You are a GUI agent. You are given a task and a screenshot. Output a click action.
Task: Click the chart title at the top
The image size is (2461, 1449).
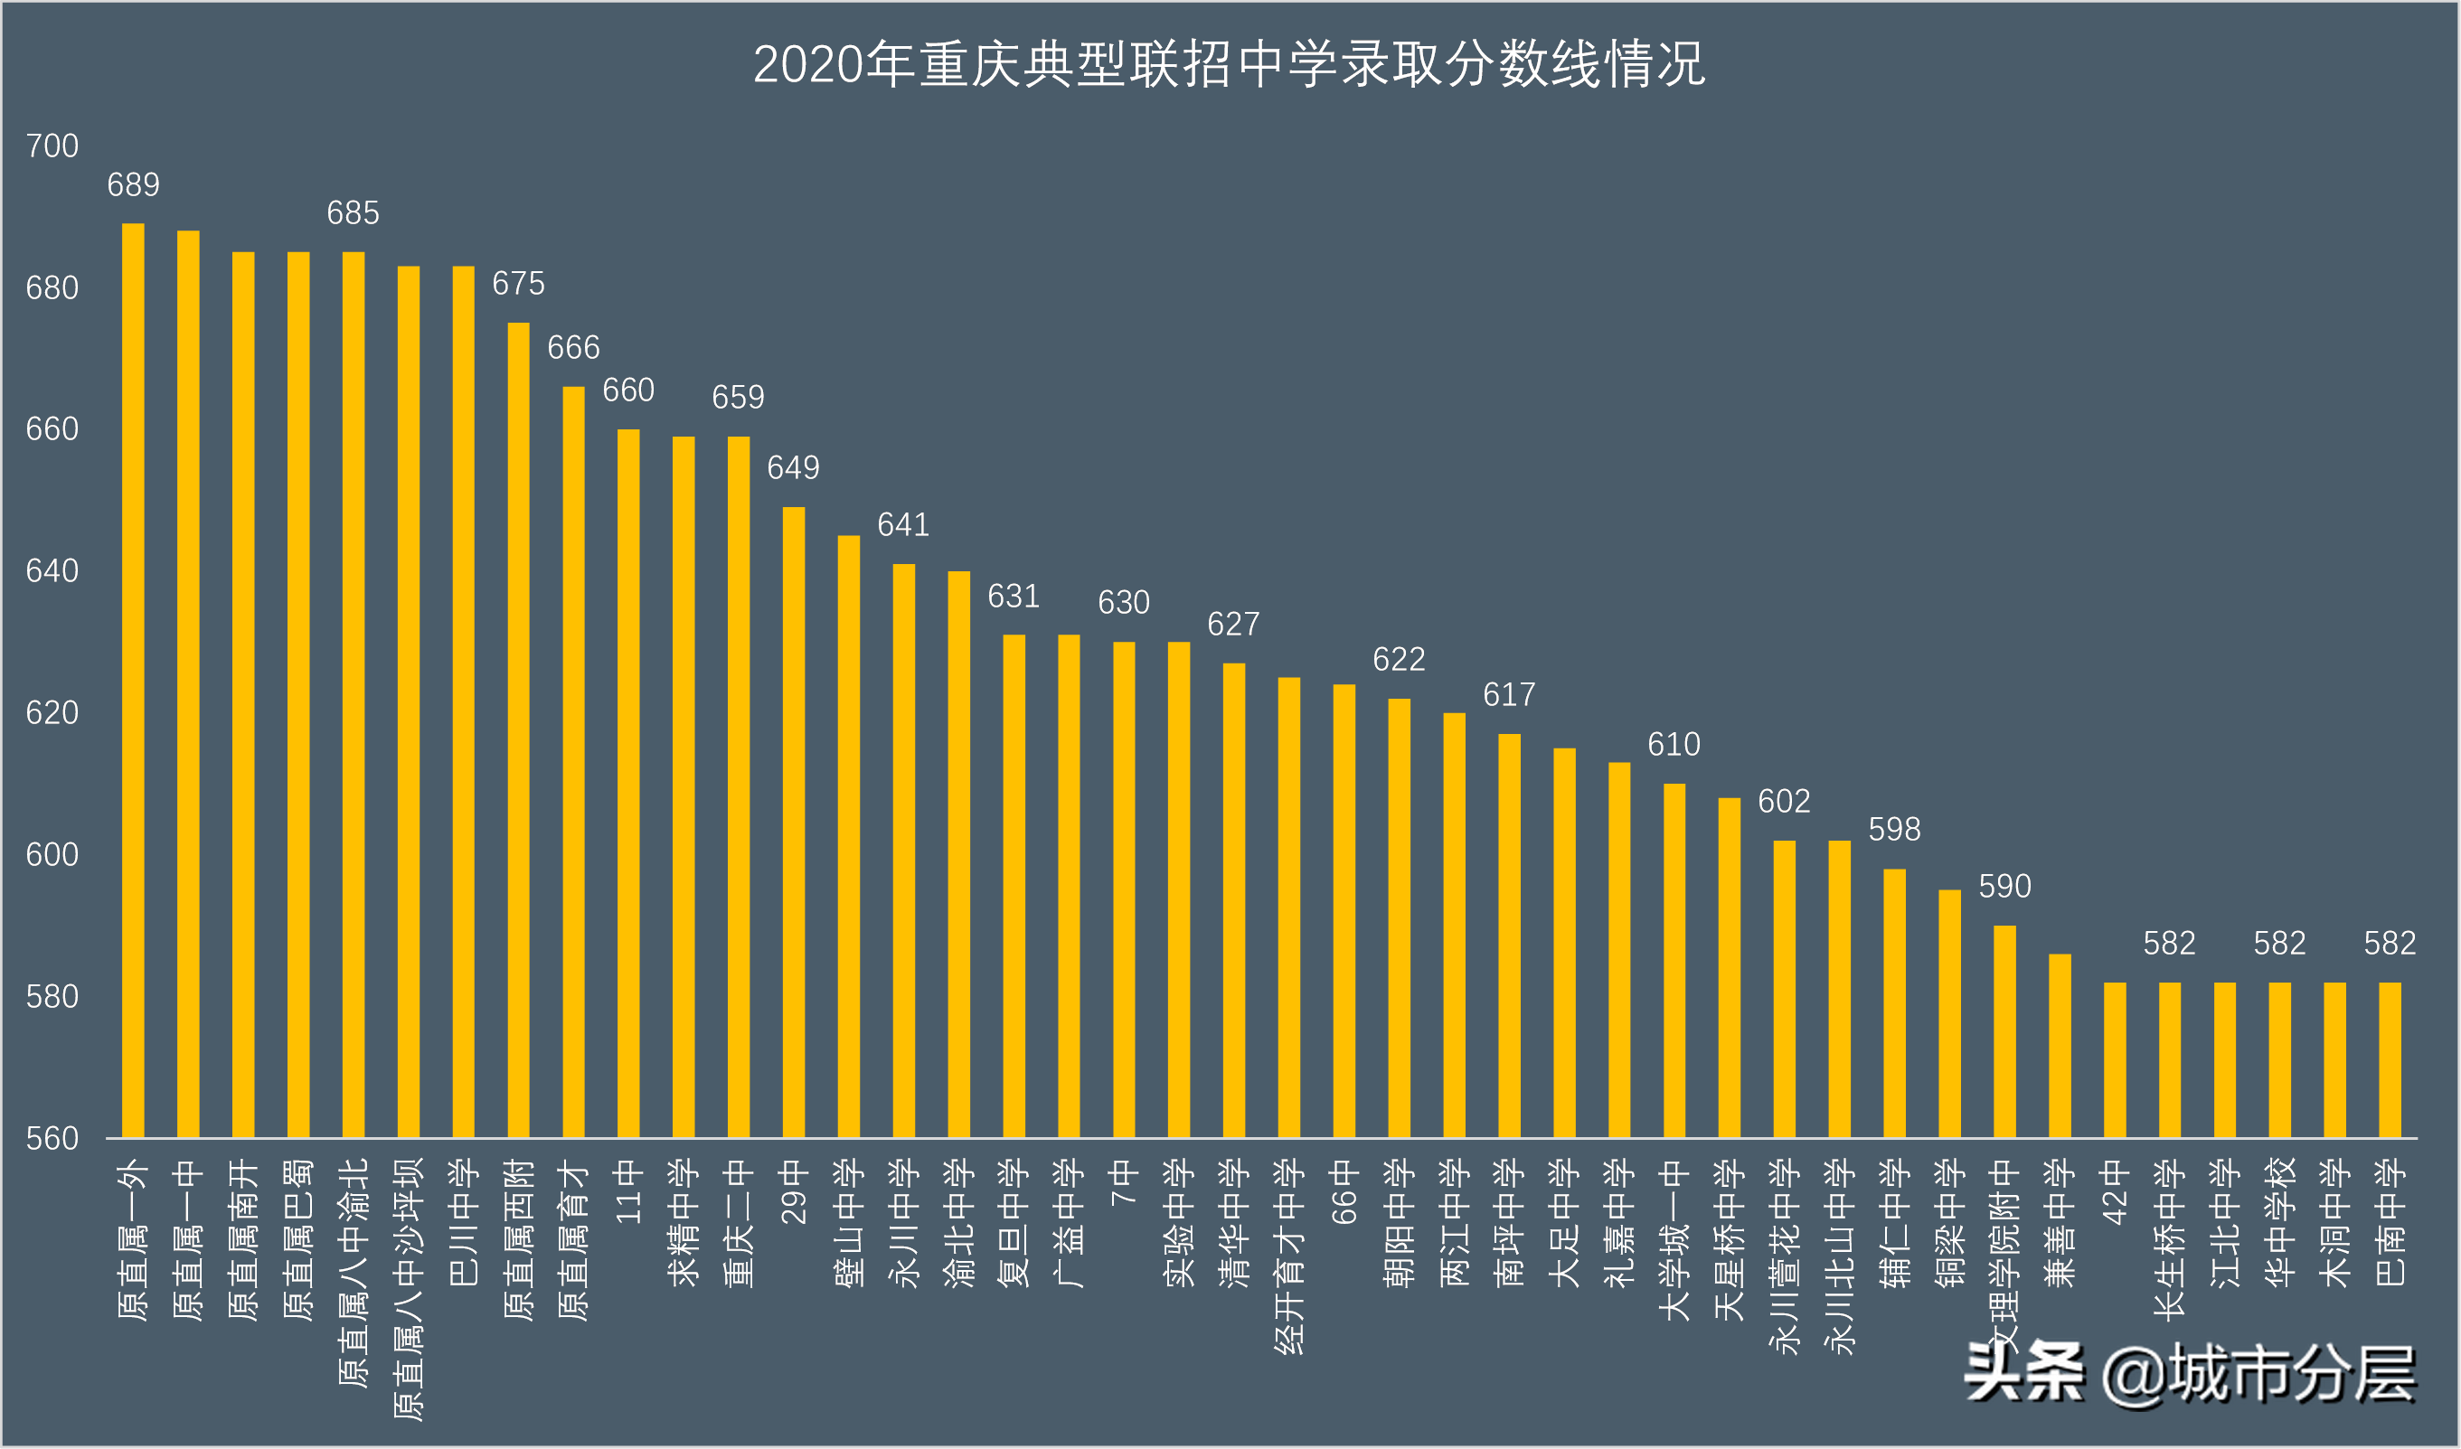(x=1230, y=64)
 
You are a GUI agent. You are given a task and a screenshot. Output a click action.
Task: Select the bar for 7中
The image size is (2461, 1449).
(x=1124, y=889)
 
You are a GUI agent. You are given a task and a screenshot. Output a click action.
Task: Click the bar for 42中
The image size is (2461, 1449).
(x=2115, y=1060)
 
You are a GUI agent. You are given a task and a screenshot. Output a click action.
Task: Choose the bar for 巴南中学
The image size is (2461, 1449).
(x=2390, y=1060)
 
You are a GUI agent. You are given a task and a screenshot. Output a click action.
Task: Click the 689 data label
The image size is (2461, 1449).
(x=133, y=184)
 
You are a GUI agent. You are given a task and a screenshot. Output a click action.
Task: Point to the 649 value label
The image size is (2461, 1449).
(x=793, y=467)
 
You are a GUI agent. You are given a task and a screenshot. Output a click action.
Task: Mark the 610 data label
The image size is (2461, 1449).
(x=1674, y=744)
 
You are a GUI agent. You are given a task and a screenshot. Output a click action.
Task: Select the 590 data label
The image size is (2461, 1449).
(x=2004, y=886)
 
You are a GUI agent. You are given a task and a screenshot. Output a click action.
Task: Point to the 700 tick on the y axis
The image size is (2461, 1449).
(x=52, y=146)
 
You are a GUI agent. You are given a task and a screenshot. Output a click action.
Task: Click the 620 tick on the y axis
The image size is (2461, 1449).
(x=52, y=713)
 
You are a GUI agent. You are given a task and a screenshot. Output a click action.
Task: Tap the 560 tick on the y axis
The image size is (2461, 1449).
(x=52, y=1139)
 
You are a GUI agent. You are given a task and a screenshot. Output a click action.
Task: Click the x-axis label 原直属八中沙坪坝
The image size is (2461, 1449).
(x=409, y=1289)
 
